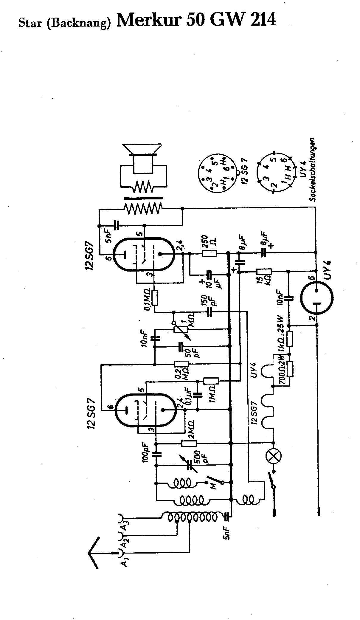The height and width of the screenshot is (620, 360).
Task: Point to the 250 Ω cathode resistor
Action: [x=210, y=254]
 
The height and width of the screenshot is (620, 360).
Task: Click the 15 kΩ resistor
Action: [x=264, y=272]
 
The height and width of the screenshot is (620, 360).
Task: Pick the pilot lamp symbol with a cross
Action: [x=273, y=456]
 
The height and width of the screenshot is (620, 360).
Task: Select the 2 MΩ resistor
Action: [x=189, y=443]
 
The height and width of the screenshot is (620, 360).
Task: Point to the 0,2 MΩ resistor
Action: [x=181, y=364]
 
